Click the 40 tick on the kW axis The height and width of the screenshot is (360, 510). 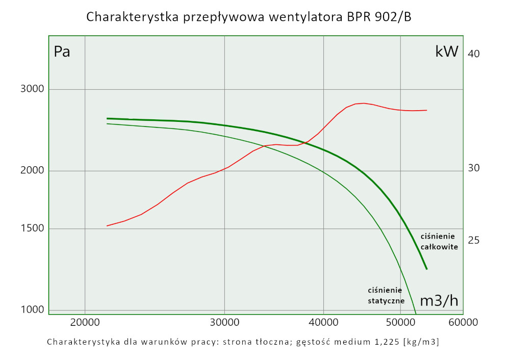tap(473, 54)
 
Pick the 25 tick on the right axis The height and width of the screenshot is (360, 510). tap(473, 240)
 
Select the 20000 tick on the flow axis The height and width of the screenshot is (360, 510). tap(85, 322)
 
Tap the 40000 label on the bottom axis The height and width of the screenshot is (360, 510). tap(324, 322)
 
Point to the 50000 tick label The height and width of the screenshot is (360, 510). tap(400, 322)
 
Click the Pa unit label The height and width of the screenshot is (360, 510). tap(62, 52)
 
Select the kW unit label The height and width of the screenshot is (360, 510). tap(447, 52)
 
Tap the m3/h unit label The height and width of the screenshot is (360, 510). tap(439, 301)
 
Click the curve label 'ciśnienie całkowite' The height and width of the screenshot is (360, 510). tap(439, 241)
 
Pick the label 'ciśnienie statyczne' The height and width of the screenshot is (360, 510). tap(386, 295)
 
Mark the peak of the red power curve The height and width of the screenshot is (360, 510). tap(363, 103)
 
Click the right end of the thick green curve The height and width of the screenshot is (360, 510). tap(426, 269)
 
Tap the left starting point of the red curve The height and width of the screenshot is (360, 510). tap(107, 225)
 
